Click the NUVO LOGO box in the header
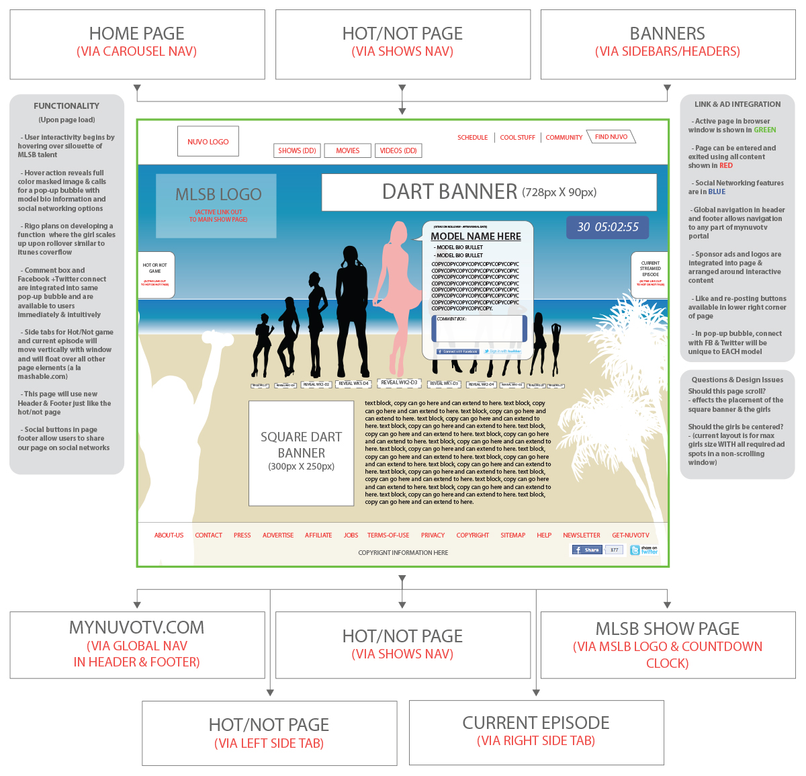tap(208, 142)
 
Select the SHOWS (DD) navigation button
tap(297, 150)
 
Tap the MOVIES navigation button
tap(347, 150)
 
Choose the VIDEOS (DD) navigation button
tap(398, 150)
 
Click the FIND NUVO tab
tap(611, 137)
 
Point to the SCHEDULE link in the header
tap(472, 138)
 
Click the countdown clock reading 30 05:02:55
tap(608, 227)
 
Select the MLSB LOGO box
tap(216, 206)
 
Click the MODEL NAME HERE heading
tap(476, 236)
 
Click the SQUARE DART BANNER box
tap(301, 453)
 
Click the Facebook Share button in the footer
tap(587, 550)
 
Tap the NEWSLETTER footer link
tap(582, 535)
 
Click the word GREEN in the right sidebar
tap(764, 130)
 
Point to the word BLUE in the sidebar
tap(717, 192)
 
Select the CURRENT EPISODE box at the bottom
tap(536, 732)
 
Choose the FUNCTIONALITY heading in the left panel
tap(66, 106)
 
